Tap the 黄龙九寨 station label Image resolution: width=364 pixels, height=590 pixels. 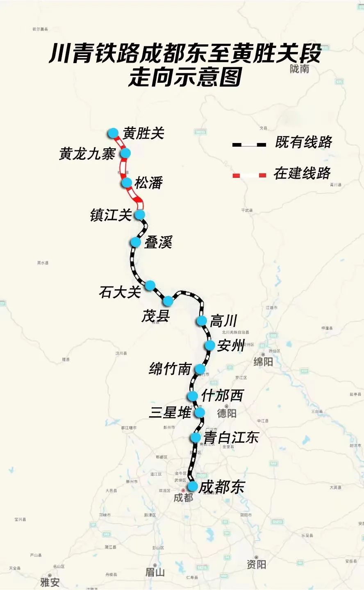tap(87, 154)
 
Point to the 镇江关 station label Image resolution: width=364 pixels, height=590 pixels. tap(111, 215)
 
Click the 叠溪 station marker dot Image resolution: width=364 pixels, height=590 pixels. tap(136, 242)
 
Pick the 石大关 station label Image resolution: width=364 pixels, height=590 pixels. tap(120, 292)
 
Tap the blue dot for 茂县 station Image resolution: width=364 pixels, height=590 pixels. tap(168, 301)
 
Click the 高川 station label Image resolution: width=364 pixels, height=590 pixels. tap(223, 321)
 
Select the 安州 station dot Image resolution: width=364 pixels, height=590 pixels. tap(210, 345)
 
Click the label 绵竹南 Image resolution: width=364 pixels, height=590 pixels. tap(170, 369)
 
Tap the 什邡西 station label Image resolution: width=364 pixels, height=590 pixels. tap(222, 396)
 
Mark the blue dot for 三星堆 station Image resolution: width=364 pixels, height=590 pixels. tap(200, 412)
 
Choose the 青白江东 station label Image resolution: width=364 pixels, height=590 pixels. tap(232, 438)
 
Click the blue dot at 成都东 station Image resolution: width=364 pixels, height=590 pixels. tap(192, 486)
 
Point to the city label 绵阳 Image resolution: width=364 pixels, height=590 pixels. tap(263, 362)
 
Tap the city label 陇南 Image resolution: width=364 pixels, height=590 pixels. tap(299, 69)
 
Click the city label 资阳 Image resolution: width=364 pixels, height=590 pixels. tap(256, 565)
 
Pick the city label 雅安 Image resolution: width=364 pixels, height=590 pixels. tap(50, 582)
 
